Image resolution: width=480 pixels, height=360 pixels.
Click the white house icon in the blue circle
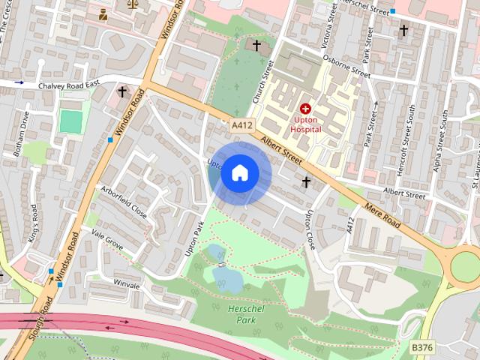point(239,173)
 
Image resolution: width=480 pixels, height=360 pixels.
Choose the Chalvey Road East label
point(69,86)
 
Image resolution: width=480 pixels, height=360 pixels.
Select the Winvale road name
point(126,285)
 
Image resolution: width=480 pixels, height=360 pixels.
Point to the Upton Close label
point(308,229)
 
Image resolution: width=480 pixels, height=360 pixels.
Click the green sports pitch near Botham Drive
point(71,121)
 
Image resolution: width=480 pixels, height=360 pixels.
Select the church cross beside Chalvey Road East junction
point(122,92)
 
